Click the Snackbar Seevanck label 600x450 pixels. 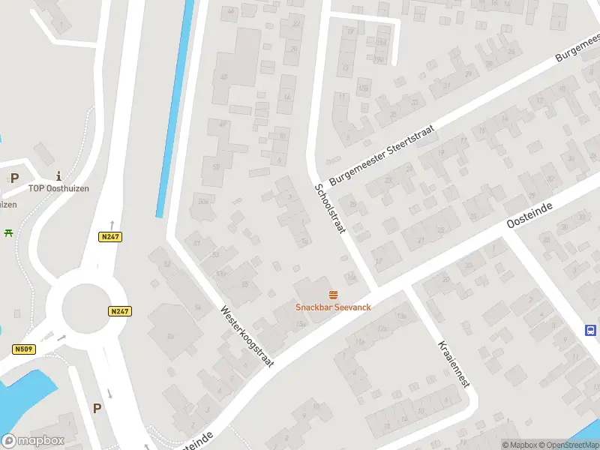(x=333, y=307)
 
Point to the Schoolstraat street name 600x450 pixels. (x=329, y=208)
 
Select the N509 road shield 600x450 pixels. (x=23, y=349)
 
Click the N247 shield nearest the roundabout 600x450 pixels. (x=118, y=311)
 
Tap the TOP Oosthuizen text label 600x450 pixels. (x=58, y=188)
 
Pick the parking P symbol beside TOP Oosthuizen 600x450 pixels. (x=14, y=178)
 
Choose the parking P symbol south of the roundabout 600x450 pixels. (x=97, y=408)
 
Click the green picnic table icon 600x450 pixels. (x=9, y=233)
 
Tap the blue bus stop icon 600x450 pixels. (x=591, y=330)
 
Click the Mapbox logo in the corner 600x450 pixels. (x=33, y=441)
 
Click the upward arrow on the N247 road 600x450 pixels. (x=112, y=224)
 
